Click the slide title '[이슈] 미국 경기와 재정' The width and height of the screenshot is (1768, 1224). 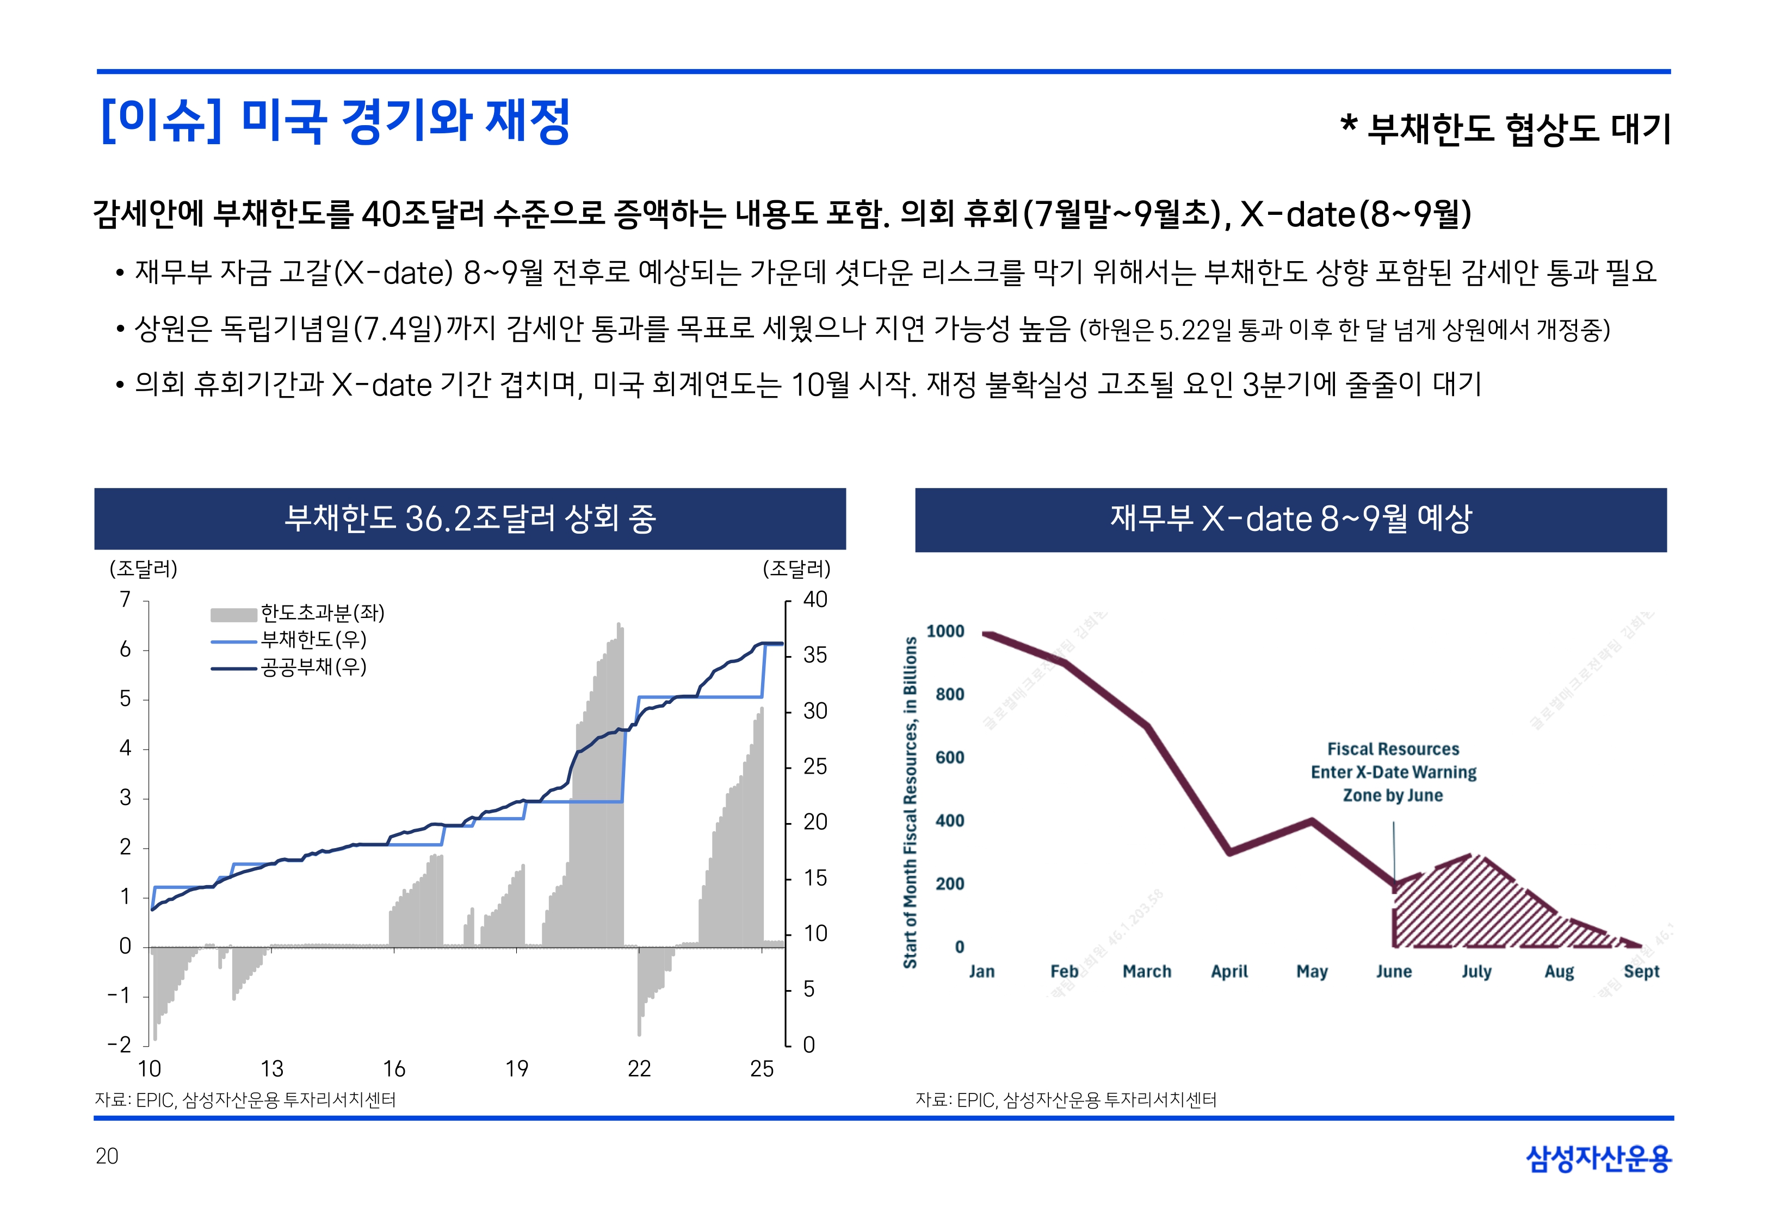click(x=335, y=121)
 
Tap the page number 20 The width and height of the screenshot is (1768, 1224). click(x=107, y=1156)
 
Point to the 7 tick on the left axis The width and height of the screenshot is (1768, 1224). click(x=125, y=599)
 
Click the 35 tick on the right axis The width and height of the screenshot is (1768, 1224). click(x=814, y=655)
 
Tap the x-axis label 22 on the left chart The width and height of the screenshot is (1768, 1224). click(x=639, y=1068)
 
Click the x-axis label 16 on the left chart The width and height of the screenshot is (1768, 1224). click(x=394, y=1068)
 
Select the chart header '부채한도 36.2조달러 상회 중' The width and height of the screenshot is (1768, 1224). click(x=470, y=518)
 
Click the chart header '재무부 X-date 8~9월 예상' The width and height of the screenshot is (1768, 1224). click(x=1290, y=518)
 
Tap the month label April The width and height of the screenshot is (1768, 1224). click(x=1229, y=972)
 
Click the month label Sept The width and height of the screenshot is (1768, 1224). click(x=1641, y=972)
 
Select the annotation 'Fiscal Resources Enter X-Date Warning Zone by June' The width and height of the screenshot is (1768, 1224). click(x=1393, y=771)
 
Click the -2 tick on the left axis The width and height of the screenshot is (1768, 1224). click(x=120, y=1044)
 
